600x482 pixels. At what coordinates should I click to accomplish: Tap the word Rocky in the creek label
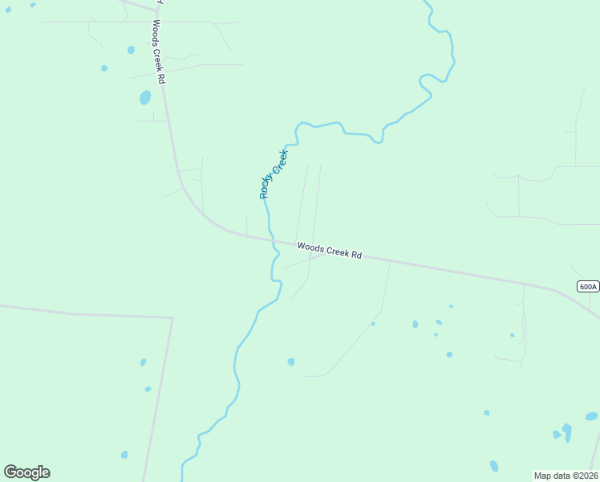tap(266, 186)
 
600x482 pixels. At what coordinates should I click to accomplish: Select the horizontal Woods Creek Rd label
tap(329, 251)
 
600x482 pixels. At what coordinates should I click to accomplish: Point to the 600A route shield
tap(587, 287)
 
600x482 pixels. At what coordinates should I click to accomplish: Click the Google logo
tap(26, 472)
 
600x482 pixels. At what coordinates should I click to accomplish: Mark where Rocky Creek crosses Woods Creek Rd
tap(270, 239)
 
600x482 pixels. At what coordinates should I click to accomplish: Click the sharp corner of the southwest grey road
tap(172, 318)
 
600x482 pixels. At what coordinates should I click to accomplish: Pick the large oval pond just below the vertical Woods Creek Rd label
tap(145, 97)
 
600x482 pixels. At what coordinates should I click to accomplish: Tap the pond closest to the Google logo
tap(124, 455)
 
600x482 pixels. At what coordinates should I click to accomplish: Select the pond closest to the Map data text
tap(494, 466)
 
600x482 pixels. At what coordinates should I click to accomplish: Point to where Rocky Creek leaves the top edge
tap(425, 2)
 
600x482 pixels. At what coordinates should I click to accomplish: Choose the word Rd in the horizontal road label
tap(355, 255)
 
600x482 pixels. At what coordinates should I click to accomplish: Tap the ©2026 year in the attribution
tap(582, 476)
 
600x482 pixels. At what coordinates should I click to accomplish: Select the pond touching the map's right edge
tap(592, 416)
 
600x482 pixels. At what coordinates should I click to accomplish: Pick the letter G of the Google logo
tap(10, 472)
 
